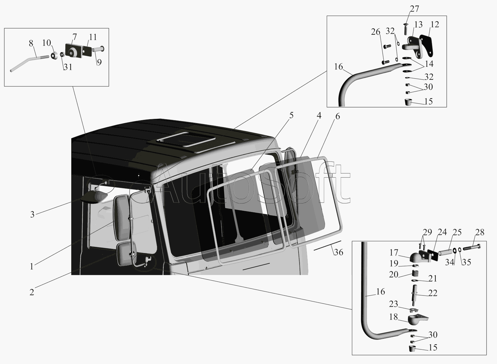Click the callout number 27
coord(414,9)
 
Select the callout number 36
coord(339,252)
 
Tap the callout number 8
coord(31,43)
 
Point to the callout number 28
coord(480,232)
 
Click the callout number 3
coord(32,214)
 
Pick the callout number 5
coord(291,115)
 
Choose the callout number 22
coord(433,293)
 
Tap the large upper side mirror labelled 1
coord(121,217)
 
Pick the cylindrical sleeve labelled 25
coord(445,252)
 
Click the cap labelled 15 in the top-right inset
coord(408,102)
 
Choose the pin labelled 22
coord(414,295)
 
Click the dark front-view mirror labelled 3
coord(94,197)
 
